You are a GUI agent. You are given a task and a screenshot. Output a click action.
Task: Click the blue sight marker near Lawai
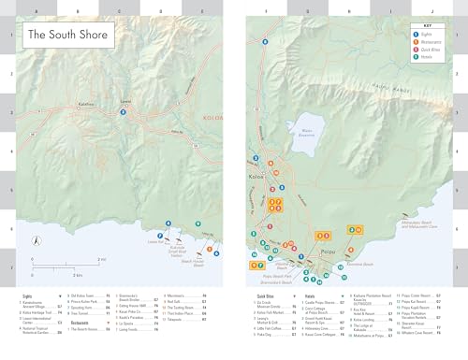[124, 113]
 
